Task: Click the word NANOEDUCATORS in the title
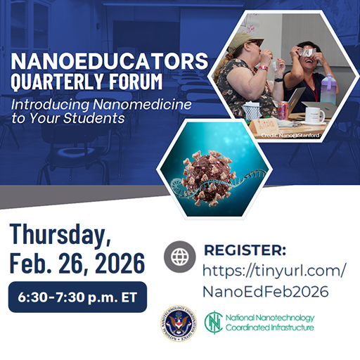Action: coord(110,57)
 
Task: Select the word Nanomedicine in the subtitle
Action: coord(145,104)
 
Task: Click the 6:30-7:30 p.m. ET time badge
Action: coord(77,297)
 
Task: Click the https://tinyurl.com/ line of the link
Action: coord(274,270)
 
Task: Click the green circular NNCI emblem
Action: coord(213,323)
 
